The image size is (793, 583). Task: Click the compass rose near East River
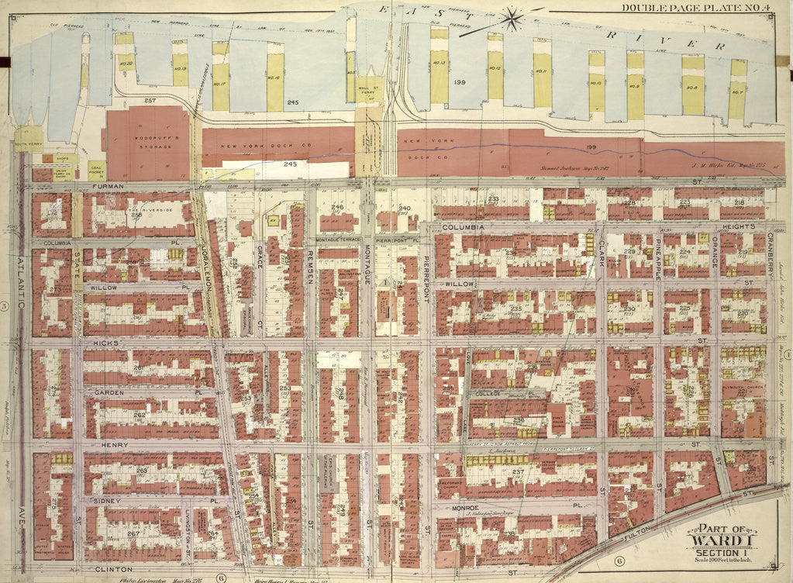511,18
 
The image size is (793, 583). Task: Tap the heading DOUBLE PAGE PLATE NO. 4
704,8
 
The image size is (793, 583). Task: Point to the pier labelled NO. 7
737,91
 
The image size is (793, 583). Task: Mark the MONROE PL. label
477,507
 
